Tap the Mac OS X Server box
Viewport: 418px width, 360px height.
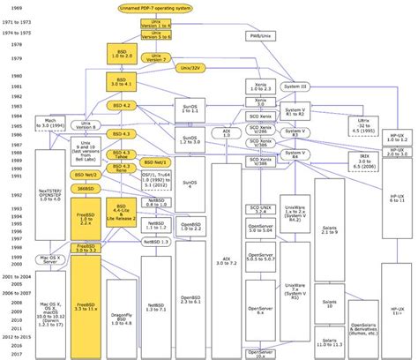point(52,259)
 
